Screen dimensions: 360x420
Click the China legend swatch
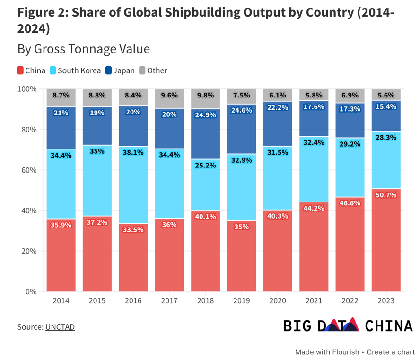pos(20,70)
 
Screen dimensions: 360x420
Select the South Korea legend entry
pos(79,70)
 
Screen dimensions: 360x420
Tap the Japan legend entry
pos(119,70)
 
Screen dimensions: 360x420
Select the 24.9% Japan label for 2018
pos(206,115)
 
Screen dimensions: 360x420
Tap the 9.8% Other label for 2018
pos(206,95)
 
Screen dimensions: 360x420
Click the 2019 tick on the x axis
pos(242,301)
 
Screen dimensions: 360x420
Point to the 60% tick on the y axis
pos(27,170)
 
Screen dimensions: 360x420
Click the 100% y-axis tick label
pos(26,89)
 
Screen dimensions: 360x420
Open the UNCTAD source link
pos(60,327)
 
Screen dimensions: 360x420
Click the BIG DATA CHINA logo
pos(348,325)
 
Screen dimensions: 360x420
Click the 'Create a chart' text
pos(391,352)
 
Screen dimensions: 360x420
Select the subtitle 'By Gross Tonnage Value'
pos(84,49)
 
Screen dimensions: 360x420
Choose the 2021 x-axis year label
pos(314,301)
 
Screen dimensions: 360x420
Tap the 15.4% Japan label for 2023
pos(385,107)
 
